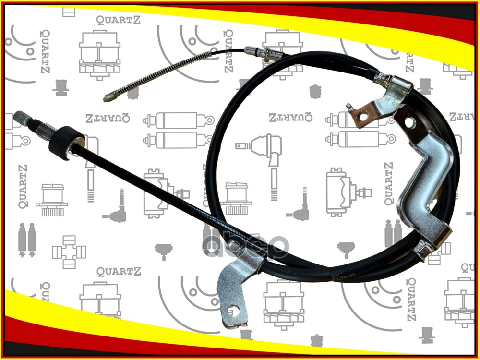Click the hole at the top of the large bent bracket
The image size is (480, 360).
click(409, 123)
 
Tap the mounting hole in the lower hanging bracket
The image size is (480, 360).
click(234, 312)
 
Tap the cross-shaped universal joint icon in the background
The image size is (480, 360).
click(69, 250)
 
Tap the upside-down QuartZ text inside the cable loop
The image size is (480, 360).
click(290, 118)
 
